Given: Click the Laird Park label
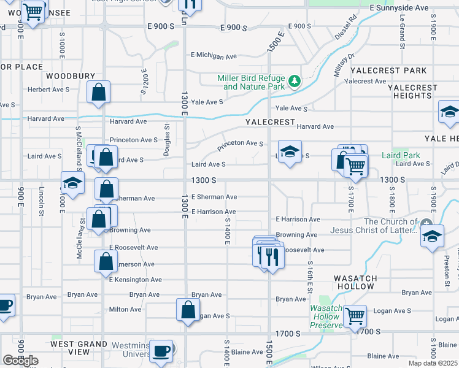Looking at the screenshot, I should click(x=401, y=155).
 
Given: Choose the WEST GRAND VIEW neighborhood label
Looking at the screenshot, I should click(x=78, y=348).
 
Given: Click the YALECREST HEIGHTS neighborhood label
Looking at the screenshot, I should click(x=413, y=92).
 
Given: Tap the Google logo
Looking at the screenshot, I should click(x=20, y=360).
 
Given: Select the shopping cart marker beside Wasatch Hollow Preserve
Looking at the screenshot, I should click(x=355, y=316).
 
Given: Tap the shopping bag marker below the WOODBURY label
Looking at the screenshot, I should click(x=98, y=93).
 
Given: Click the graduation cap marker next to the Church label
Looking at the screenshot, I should click(x=432, y=236).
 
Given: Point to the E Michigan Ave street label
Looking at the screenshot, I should click(x=214, y=56).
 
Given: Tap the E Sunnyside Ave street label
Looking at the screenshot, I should click(x=399, y=8).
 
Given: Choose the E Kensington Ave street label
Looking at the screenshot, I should click(x=137, y=280).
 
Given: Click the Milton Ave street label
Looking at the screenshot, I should click(x=121, y=310).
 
